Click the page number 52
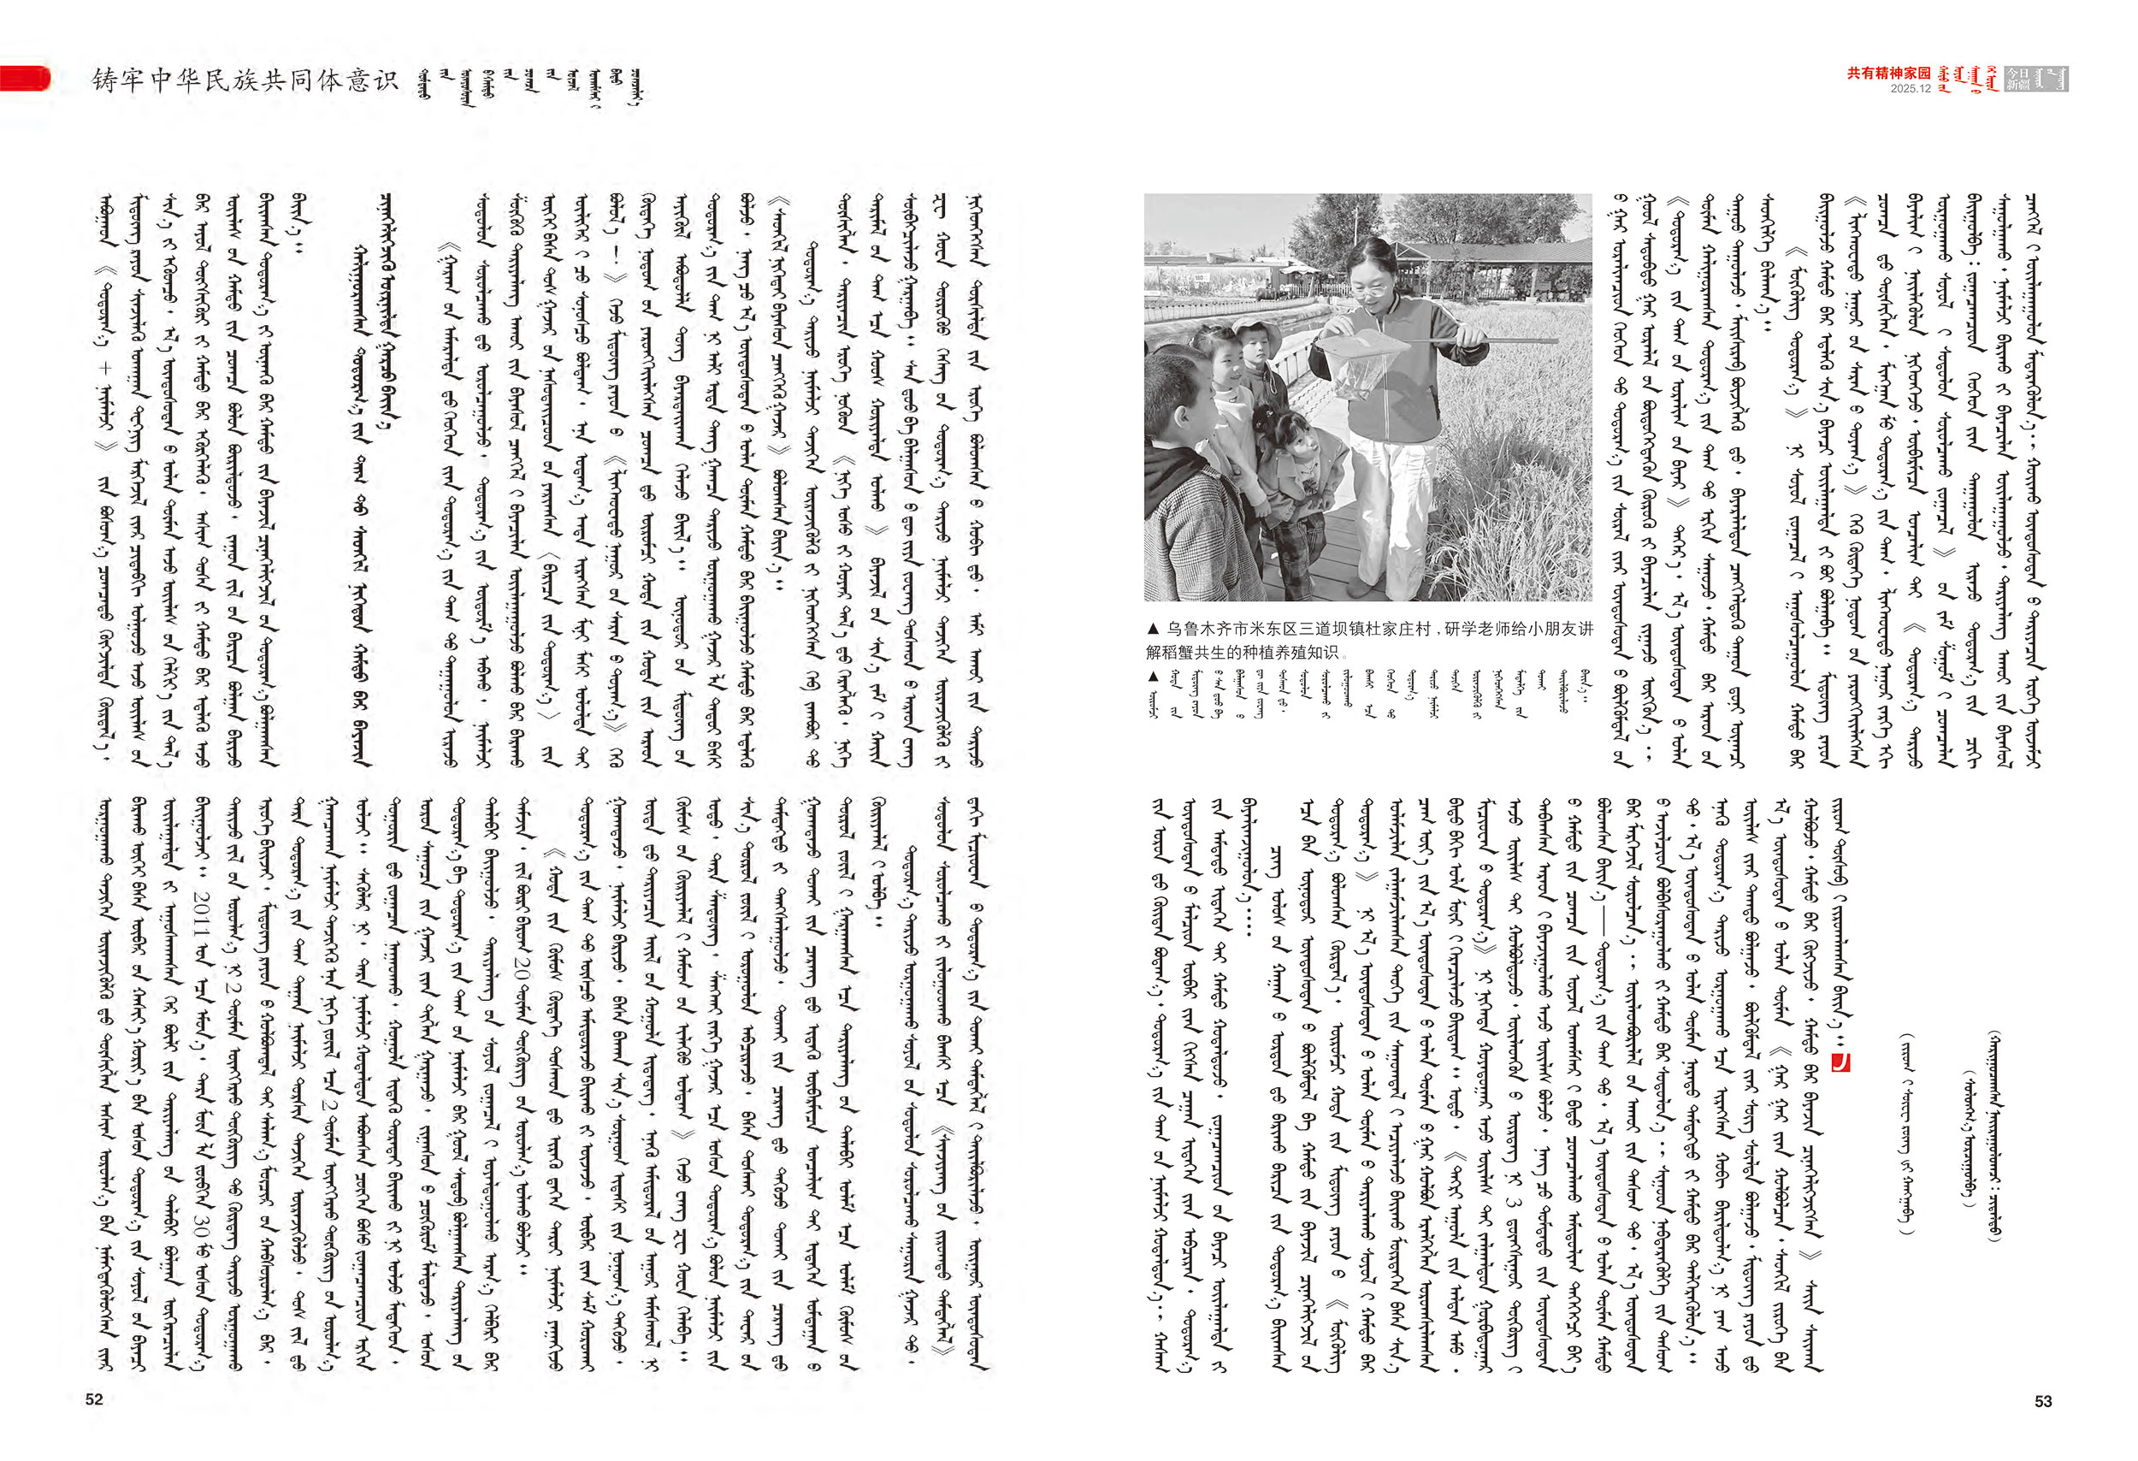[94, 1399]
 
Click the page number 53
[2042, 1401]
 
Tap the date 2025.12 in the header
[1910, 89]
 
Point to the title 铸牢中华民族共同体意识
[245, 81]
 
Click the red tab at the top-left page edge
[24, 78]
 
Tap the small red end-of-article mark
[1840, 1062]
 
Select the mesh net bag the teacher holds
[1361, 363]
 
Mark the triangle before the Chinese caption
[1153, 630]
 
